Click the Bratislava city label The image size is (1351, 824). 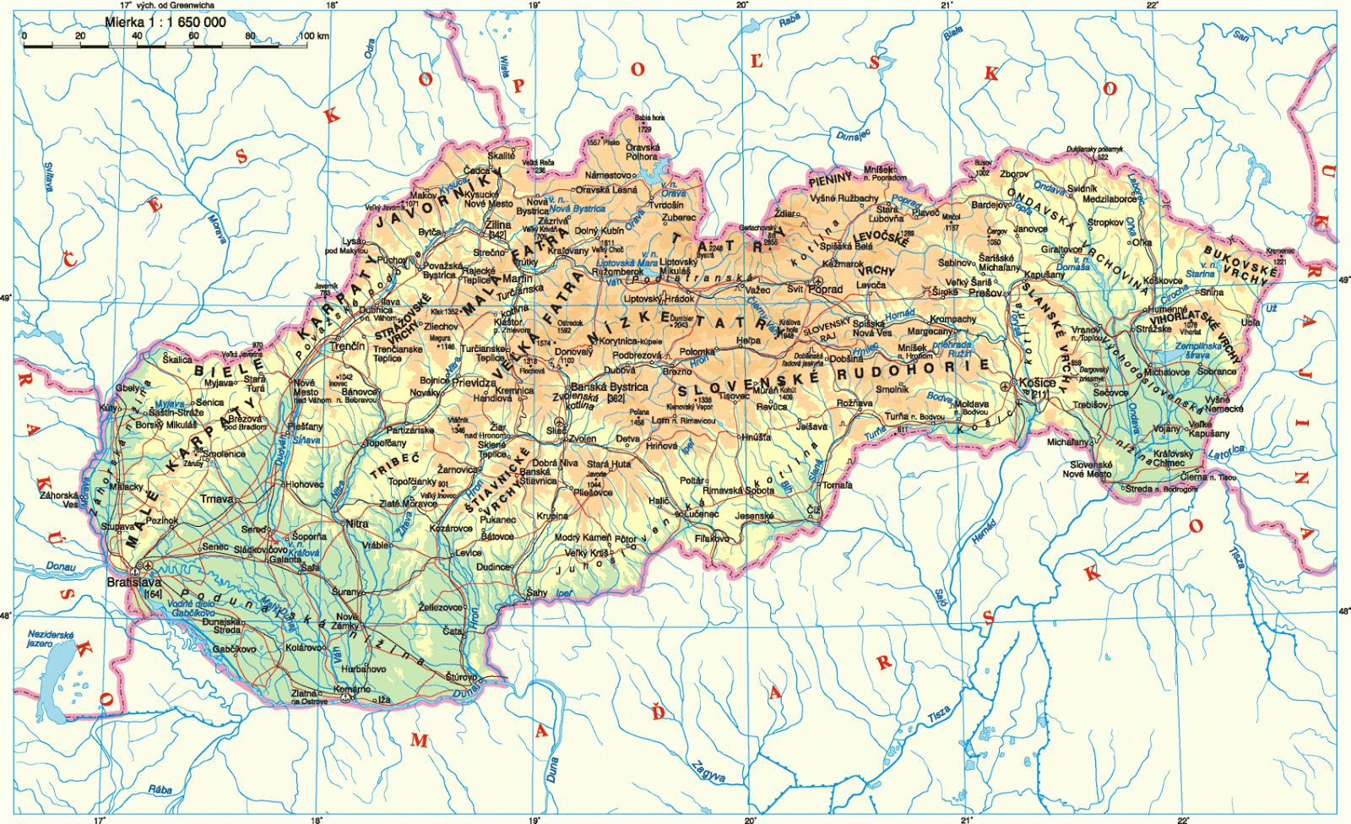pyautogui.click(x=133, y=583)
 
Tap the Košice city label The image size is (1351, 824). pyautogui.click(x=1037, y=382)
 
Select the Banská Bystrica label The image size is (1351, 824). pyautogui.click(x=609, y=388)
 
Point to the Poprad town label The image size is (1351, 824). pyautogui.click(x=826, y=289)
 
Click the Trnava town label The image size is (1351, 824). pyautogui.click(x=217, y=499)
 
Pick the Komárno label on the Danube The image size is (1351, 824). pyautogui.click(x=351, y=689)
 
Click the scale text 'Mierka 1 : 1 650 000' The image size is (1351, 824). pyautogui.click(x=165, y=22)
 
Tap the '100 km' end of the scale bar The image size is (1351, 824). pyautogui.click(x=314, y=35)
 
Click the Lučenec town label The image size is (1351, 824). pyautogui.click(x=702, y=513)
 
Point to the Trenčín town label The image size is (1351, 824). pyautogui.click(x=348, y=346)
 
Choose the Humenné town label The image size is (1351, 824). pyautogui.click(x=1167, y=309)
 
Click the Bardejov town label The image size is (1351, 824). pyautogui.click(x=990, y=204)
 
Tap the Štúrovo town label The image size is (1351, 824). pyautogui.click(x=461, y=677)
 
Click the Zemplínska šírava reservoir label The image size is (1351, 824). pyautogui.click(x=1198, y=350)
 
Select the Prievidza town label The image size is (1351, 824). pyautogui.click(x=474, y=382)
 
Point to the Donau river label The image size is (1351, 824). pyautogui.click(x=61, y=566)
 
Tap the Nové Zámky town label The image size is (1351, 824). pyautogui.click(x=347, y=621)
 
